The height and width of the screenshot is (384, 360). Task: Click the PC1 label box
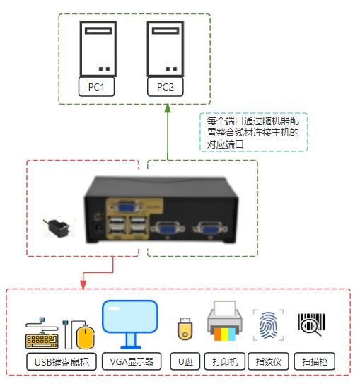97,88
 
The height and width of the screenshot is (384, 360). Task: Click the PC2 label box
166,88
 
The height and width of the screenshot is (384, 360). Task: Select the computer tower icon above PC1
97,49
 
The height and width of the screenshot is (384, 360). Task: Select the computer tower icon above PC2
166,49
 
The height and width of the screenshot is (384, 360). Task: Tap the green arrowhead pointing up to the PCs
168,109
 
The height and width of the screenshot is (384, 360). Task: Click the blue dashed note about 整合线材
253,132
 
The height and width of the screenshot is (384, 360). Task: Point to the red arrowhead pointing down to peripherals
83,284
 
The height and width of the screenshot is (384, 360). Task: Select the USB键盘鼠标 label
62,362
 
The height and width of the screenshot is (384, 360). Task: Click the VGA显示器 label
130,362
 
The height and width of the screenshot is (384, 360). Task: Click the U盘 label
185,362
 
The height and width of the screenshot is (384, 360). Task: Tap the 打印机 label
225,362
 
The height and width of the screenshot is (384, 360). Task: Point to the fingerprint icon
268,326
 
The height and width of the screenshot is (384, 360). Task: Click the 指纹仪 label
268,362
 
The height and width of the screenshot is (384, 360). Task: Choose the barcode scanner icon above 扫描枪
311,325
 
